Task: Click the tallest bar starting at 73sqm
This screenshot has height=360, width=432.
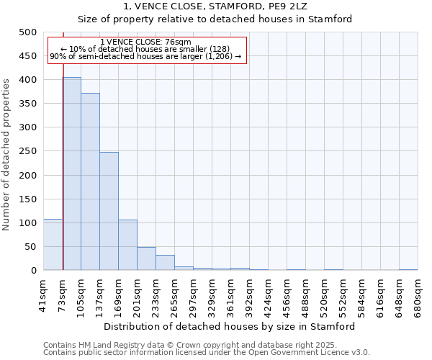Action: pyautogui.click(x=71, y=174)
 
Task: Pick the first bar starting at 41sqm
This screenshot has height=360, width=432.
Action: pyautogui.click(x=53, y=245)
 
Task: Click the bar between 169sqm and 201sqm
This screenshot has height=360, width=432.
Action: pyautogui.click(x=127, y=245)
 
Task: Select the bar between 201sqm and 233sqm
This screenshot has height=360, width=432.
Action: pyautogui.click(x=146, y=258)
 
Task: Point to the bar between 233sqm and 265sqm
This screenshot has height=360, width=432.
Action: pyautogui.click(x=165, y=263)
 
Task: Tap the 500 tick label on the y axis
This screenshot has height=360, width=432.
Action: pyautogui.click(x=28, y=32)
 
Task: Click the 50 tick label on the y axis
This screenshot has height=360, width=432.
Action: pyautogui.click(x=30, y=247)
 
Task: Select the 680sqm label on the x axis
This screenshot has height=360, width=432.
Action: pyautogui.click(x=418, y=292)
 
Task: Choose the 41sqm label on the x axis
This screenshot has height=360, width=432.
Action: pyautogui.click(x=44, y=292)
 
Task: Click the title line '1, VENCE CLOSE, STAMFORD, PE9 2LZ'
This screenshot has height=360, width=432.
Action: pyautogui.click(x=215, y=6)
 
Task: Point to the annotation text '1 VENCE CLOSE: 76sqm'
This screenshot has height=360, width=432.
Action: pyautogui.click(x=146, y=42)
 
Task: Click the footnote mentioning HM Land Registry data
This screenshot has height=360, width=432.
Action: pyautogui.click(x=205, y=345)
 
